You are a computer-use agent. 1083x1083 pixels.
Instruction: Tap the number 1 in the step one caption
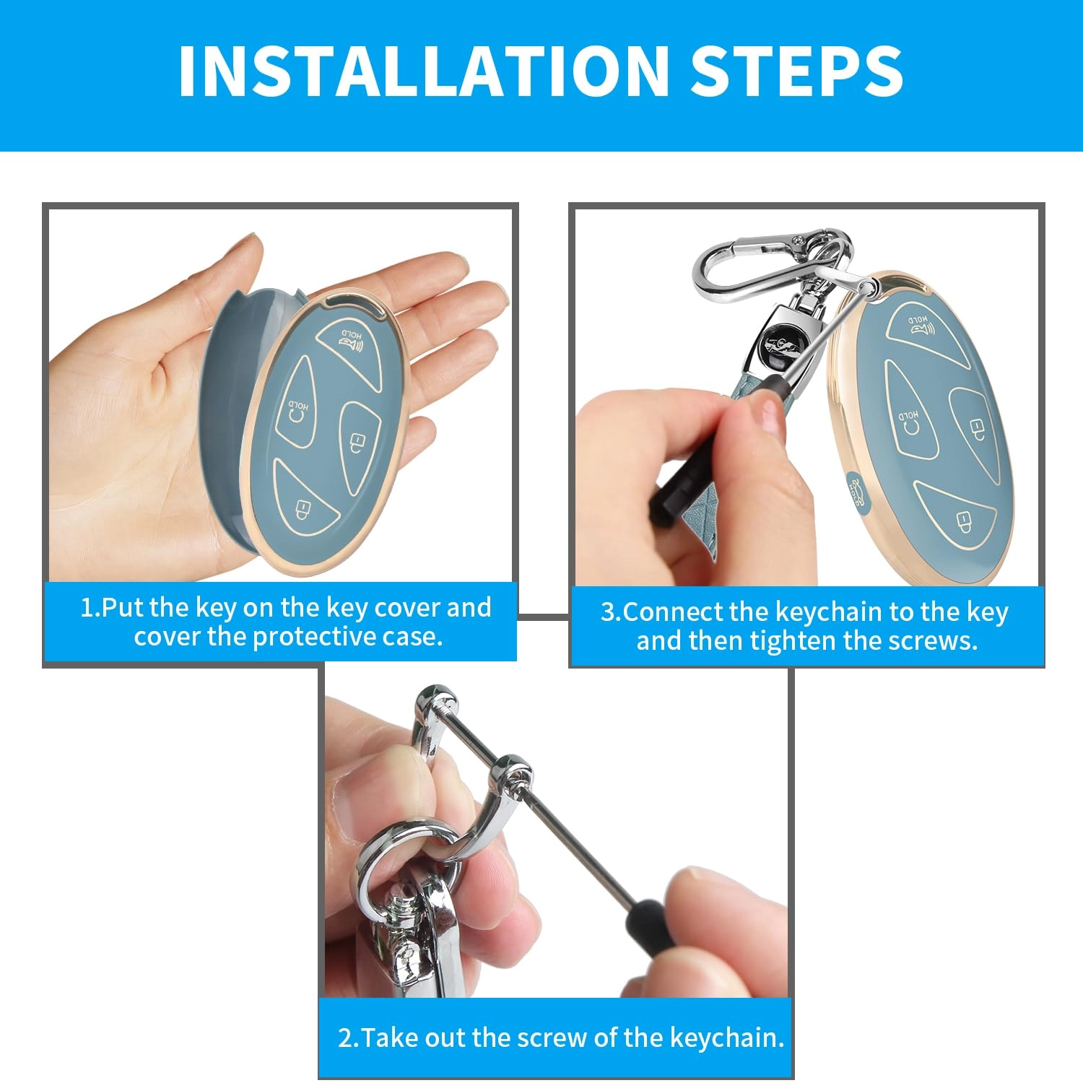pos(87,607)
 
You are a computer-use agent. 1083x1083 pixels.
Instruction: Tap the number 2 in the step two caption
pos(345,1038)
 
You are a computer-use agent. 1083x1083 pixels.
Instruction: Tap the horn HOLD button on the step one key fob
pos(352,342)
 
